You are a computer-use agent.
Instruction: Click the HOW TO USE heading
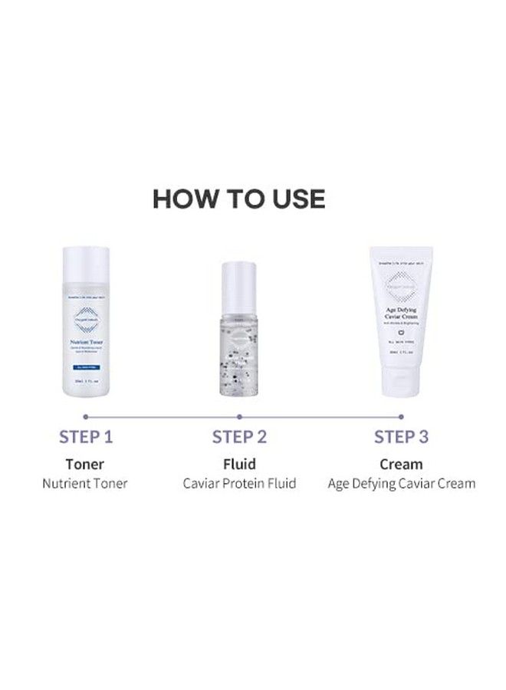point(239,199)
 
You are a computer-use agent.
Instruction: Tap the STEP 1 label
point(86,437)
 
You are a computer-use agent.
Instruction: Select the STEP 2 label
point(239,437)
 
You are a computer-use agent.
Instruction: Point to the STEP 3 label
point(401,437)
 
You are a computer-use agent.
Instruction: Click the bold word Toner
point(85,464)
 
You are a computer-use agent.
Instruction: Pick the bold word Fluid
point(239,464)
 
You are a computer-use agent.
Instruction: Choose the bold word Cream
point(401,464)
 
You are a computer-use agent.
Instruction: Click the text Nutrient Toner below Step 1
point(85,484)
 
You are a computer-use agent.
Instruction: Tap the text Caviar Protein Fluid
point(239,484)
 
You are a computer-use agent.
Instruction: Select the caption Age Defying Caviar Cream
point(401,484)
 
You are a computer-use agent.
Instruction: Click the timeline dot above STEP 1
point(85,416)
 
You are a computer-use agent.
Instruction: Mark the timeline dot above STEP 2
point(239,416)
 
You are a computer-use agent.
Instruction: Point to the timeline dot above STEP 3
point(401,416)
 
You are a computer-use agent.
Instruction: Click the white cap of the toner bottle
point(86,263)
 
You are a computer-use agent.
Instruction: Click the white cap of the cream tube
point(400,383)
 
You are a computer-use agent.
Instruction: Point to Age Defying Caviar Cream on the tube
point(400,313)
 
